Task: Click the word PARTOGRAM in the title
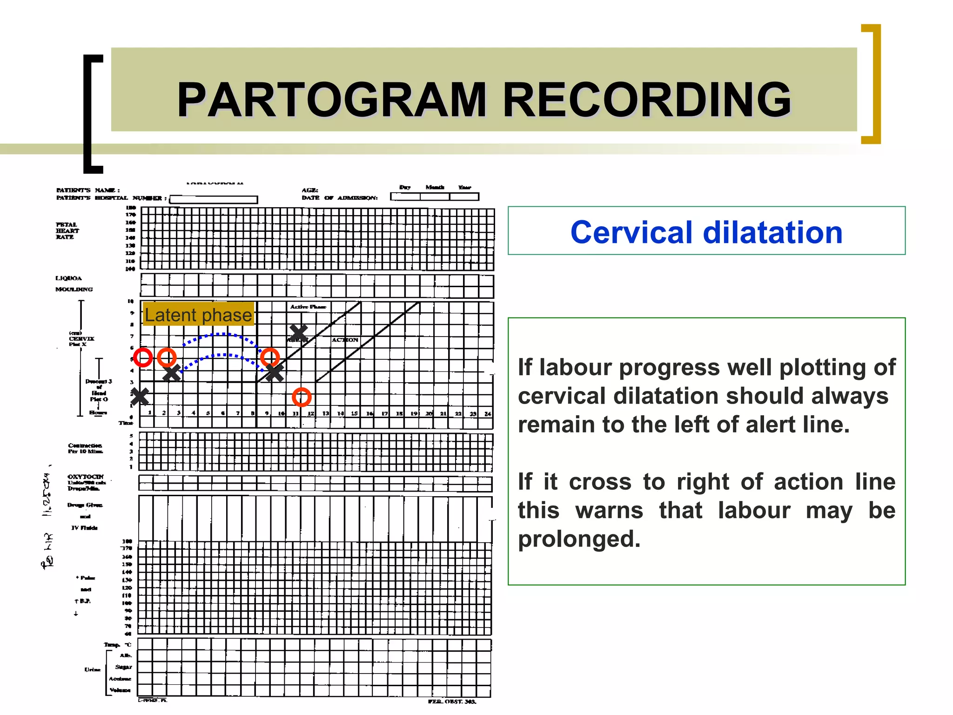(x=331, y=100)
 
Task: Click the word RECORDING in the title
(x=647, y=100)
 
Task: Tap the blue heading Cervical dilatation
(x=706, y=232)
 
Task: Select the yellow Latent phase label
(x=198, y=315)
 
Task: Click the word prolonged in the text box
(x=579, y=539)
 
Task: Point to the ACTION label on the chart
(x=345, y=340)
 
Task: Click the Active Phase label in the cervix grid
(x=308, y=307)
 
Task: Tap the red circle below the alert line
(x=302, y=397)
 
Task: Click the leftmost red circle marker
(x=143, y=357)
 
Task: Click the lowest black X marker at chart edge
(x=139, y=397)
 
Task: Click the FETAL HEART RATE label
(x=67, y=231)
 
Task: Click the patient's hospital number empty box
(x=214, y=199)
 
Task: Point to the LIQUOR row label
(x=69, y=278)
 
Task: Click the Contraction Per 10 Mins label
(x=85, y=448)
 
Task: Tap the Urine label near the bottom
(x=92, y=669)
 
